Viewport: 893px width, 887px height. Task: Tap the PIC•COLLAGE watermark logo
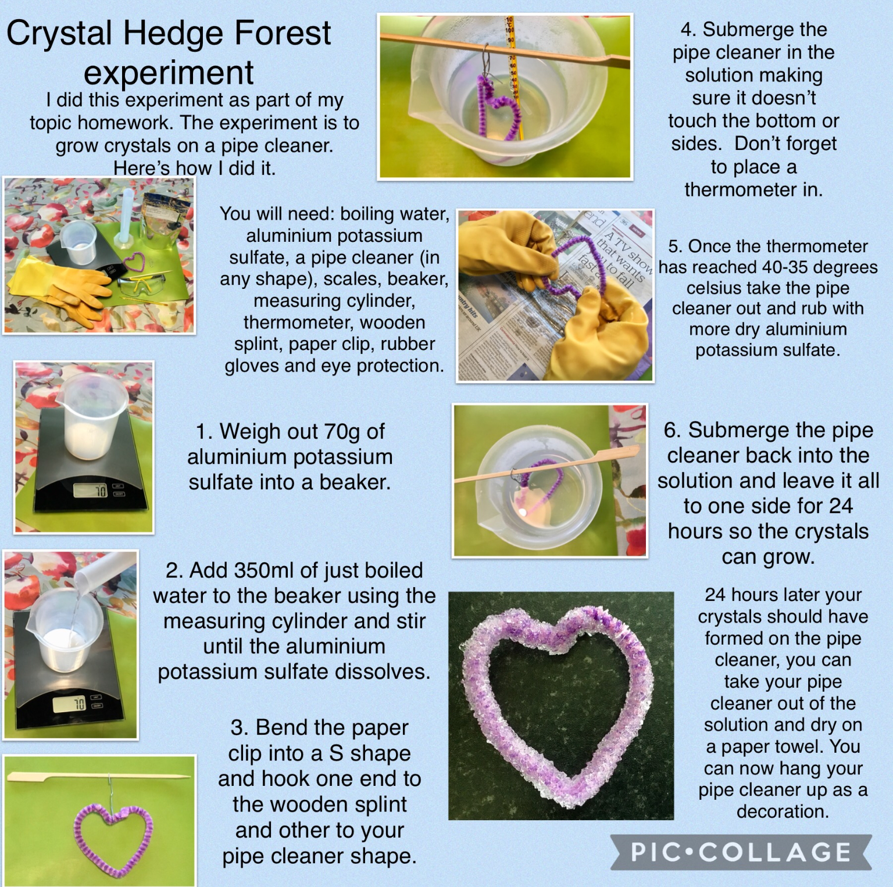coord(741,853)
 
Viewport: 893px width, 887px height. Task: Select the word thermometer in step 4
coord(753,189)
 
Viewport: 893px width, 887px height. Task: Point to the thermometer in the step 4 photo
coord(513,76)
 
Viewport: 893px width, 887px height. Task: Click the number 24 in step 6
coord(841,506)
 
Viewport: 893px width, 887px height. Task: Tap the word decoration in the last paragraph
coord(783,811)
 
